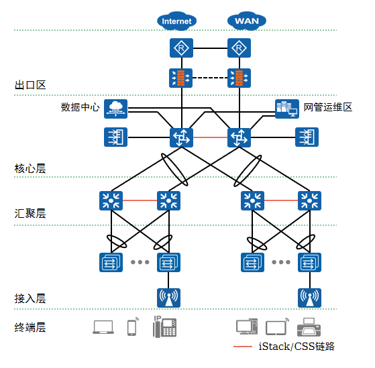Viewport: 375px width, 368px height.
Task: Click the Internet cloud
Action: (176, 21)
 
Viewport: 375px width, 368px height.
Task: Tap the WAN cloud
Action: (247, 21)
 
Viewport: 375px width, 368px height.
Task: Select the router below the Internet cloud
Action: (181, 48)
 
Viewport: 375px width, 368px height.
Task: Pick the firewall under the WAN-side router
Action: (239, 78)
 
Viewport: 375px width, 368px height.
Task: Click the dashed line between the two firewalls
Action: (210, 78)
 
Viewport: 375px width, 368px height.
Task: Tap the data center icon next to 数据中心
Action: (116, 109)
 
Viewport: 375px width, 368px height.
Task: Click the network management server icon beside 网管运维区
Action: (287, 109)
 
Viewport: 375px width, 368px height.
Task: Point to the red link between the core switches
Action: (210, 137)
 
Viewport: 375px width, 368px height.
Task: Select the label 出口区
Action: (30, 85)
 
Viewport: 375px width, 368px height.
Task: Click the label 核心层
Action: (30, 168)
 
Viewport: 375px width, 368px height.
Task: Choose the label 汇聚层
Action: (30, 213)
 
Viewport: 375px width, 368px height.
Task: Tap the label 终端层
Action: (30, 327)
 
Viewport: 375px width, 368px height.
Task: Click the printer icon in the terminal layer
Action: (309, 327)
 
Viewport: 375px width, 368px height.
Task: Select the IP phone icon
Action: (165, 326)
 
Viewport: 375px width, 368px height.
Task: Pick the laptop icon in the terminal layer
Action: (103, 327)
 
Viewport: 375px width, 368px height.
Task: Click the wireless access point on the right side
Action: (309, 298)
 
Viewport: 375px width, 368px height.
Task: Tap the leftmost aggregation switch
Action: (111, 200)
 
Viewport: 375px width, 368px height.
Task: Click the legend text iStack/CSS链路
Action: (297, 347)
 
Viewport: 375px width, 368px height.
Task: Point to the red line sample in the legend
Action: (243, 347)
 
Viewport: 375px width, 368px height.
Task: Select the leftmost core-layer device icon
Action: (116, 137)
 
